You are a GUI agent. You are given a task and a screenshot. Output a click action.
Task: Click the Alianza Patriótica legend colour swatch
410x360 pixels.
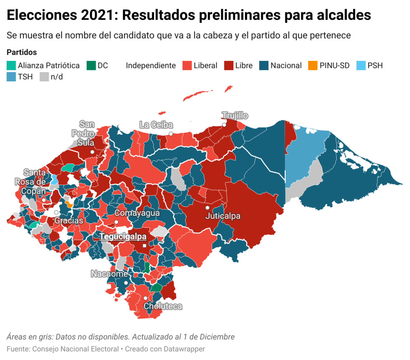(11, 66)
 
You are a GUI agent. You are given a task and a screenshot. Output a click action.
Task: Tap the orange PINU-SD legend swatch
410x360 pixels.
(313, 66)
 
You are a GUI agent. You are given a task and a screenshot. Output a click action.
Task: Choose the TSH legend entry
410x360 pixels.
(20, 77)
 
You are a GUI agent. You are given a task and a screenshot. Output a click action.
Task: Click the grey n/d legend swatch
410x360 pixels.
(44, 77)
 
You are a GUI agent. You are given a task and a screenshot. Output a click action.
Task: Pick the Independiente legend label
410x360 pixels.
(151, 66)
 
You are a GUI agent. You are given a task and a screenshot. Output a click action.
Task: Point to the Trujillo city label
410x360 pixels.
(235, 116)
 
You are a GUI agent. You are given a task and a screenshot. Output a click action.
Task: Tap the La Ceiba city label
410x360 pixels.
(156, 125)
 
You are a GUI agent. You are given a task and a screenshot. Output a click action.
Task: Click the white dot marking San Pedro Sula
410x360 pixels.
(92, 152)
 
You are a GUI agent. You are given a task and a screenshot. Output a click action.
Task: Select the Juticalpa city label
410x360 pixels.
(223, 216)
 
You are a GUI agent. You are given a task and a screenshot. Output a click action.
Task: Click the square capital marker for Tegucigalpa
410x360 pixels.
(145, 245)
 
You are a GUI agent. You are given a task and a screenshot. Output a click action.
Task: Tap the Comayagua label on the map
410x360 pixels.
(137, 213)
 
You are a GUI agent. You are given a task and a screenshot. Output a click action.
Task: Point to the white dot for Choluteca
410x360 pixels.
(145, 298)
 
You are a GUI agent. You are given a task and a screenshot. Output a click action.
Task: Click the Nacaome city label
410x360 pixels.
(109, 274)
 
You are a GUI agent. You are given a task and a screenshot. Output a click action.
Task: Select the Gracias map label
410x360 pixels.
(69, 221)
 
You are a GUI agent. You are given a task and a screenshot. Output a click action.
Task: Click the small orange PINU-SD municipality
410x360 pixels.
(70, 204)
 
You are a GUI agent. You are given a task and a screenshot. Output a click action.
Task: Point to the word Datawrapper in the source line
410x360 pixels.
(184, 349)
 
